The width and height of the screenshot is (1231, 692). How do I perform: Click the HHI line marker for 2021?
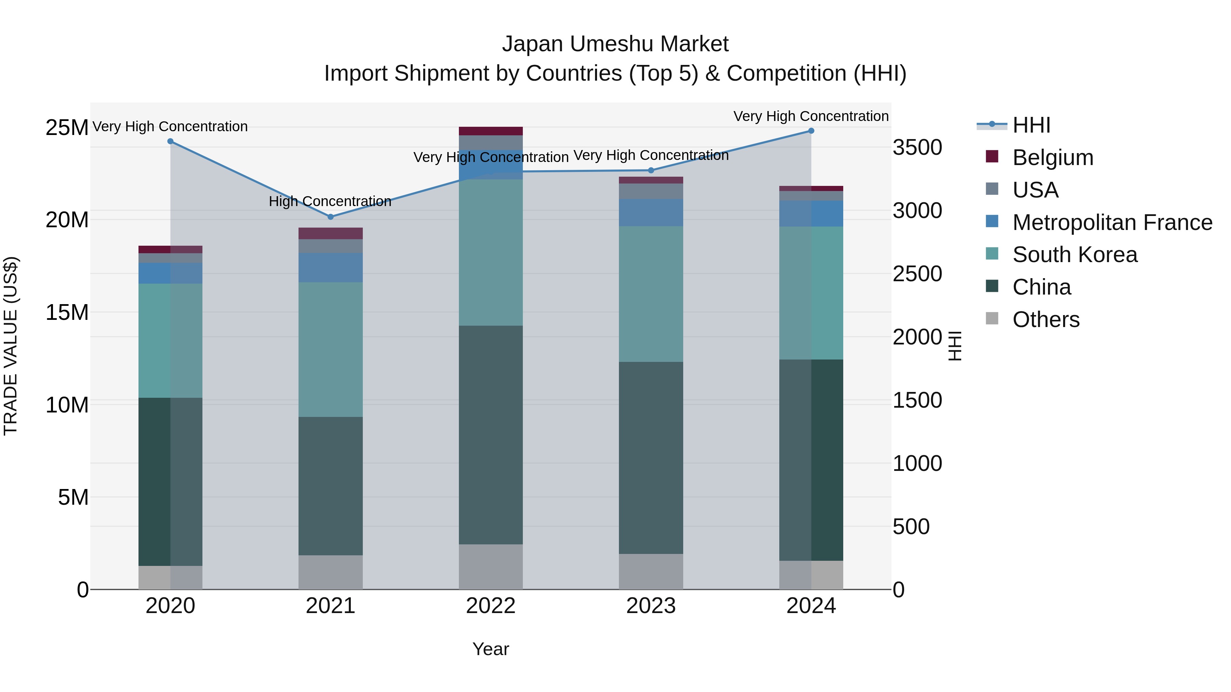[330, 217]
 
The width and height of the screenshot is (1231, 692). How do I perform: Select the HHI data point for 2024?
[811, 131]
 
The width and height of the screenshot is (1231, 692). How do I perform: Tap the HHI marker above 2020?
[170, 141]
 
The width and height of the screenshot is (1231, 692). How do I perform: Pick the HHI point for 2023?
[651, 171]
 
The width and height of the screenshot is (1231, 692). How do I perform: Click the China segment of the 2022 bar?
[491, 435]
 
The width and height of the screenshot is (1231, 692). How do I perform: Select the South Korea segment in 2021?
[330, 349]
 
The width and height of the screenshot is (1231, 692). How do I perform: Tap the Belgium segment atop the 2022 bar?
[491, 131]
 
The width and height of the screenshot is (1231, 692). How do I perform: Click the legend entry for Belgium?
[1053, 158]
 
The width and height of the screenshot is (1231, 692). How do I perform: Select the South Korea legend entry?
[1075, 255]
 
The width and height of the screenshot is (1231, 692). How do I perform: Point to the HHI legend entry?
[1031, 125]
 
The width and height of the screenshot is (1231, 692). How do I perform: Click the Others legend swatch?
[992, 318]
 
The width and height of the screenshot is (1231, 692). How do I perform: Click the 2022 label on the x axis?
[491, 606]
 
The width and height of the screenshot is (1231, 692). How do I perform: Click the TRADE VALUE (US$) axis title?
[11, 346]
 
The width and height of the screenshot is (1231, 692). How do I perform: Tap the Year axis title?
[491, 649]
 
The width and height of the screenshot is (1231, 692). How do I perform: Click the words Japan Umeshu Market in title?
[615, 44]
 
